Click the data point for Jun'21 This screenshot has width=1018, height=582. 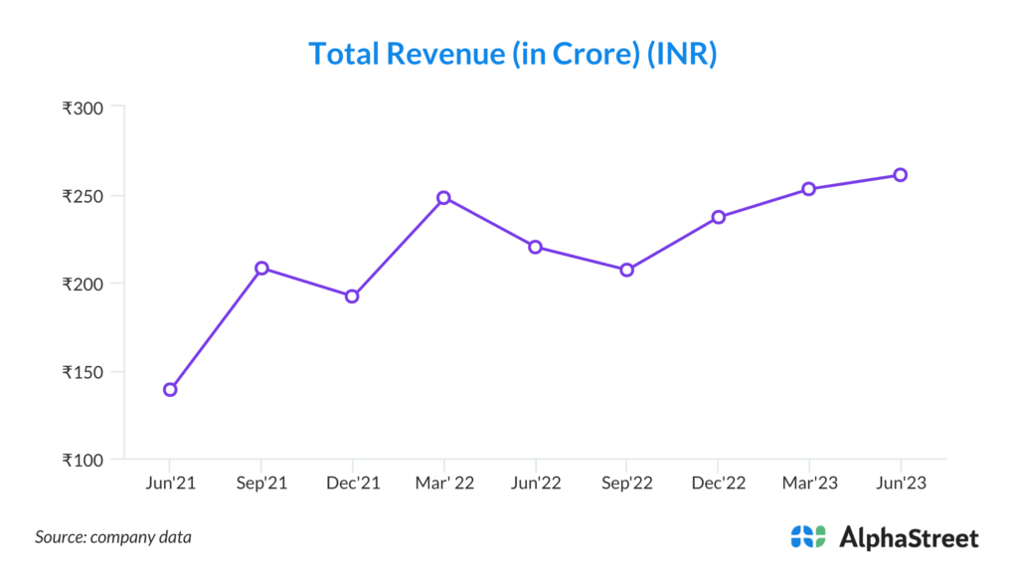170,389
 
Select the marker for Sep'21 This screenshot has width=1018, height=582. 261,268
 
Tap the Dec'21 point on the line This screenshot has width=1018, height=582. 352,296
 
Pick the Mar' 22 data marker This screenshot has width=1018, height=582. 443,197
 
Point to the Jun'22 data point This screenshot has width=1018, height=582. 535,247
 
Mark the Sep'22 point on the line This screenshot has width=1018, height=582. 626,270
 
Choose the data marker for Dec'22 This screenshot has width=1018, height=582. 718,217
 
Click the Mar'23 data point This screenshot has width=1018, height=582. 808,189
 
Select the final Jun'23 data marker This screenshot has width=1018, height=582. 900,175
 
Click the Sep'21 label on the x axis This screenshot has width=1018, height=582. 260,484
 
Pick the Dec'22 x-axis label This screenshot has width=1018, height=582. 718,484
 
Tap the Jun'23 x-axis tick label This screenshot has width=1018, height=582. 900,484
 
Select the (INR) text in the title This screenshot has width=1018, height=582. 682,54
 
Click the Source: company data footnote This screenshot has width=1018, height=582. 113,537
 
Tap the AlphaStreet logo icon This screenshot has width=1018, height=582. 808,537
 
